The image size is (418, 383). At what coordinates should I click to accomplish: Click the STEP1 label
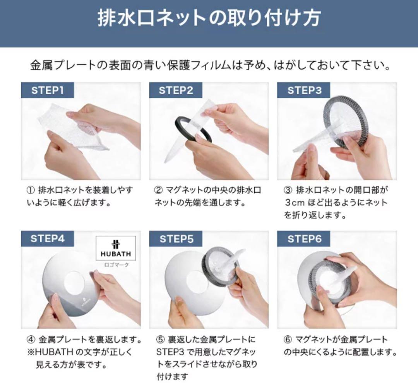pyautogui.click(x=47, y=90)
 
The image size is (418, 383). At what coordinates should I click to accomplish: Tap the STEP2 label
pyautogui.click(x=176, y=90)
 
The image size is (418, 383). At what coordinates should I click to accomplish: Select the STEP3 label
pyautogui.click(x=304, y=90)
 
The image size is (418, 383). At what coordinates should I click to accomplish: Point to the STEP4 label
pyautogui.click(x=47, y=238)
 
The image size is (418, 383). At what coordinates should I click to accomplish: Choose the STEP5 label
pyautogui.click(x=176, y=238)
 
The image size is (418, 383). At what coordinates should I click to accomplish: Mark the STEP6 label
pyautogui.click(x=304, y=238)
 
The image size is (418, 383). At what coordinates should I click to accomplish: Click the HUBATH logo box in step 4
pyautogui.click(x=116, y=248)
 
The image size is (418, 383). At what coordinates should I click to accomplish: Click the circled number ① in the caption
pyautogui.click(x=31, y=190)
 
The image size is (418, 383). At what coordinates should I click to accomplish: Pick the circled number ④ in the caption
pyautogui.click(x=31, y=340)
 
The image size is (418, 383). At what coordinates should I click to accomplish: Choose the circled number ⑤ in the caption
pyautogui.click(x=160, y=340)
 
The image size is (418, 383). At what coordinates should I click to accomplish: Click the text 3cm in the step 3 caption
pyautogui.click(x=295, y=203)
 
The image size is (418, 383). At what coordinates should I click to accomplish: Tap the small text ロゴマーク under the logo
pyautogui.click(x=116, y=265)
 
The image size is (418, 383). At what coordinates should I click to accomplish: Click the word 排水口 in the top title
pyautogui.click(x=126, y=19)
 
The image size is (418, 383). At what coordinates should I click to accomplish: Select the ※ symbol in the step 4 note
pyautogui.click(x=31, y=352)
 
